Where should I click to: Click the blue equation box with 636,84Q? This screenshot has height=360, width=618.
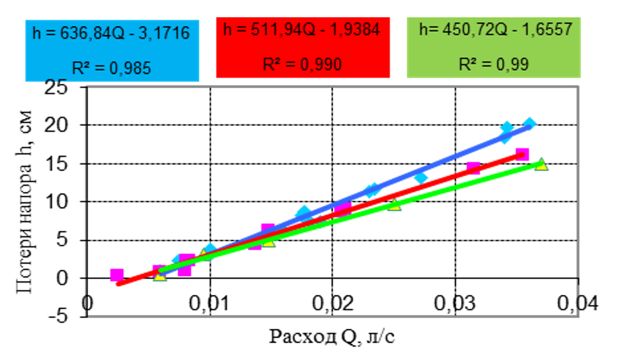112,51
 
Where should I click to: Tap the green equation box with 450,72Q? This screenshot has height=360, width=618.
494,48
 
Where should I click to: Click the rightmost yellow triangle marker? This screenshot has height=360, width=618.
541,164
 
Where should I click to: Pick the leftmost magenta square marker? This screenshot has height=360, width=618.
116,275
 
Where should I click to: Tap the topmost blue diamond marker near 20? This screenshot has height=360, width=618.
529,124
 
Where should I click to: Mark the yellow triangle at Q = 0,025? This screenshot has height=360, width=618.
395,204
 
